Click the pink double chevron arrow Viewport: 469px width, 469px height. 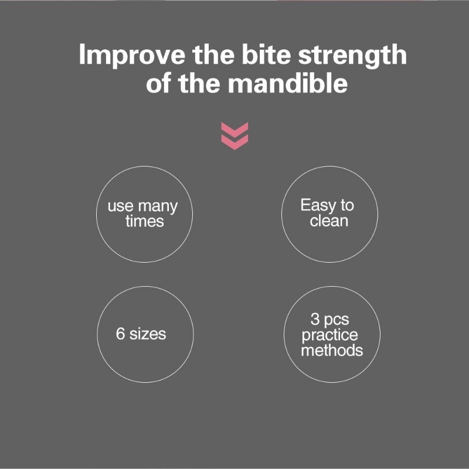pyautogui.click(x=235, y=135)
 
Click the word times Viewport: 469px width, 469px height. pyautogui.click(x=144, y=222)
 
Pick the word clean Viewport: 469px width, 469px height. pyautogui.click(x=329, y=221)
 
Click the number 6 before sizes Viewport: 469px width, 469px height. pyautogui.click(x=121, y=334)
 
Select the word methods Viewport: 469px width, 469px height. pyautogui.click(x=332, y=351)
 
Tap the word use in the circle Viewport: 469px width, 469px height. pyautogui.click(x=120, y=207)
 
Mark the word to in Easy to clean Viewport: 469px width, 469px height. pyautogui.click(x=348, y=206)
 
